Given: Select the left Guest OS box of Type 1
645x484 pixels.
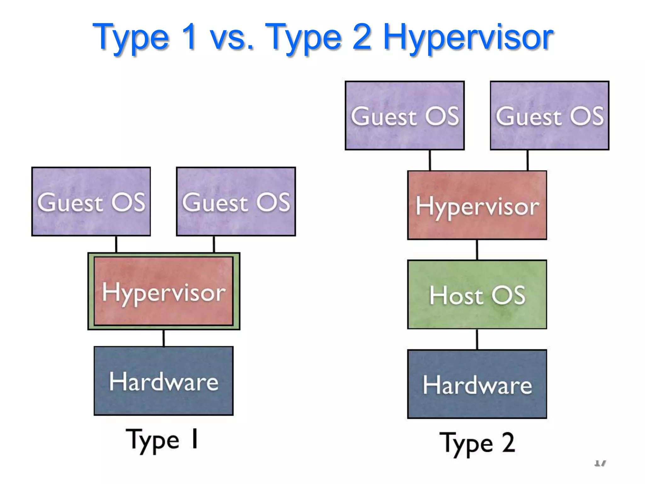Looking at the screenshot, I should [x=91, y=202].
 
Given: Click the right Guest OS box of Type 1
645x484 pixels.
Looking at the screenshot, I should [x=236, y=202].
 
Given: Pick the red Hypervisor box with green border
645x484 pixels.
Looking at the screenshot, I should [x=163, y=291].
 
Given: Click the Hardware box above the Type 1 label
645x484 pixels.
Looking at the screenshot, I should [x=163, y=381].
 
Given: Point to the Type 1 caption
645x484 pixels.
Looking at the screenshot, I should [x=162, y=440].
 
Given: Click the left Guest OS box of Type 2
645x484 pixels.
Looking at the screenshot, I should [x=405, y=115].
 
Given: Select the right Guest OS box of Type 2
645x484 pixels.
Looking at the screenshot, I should [x=550, y=115].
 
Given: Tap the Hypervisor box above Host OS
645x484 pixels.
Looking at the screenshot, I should [x=477, y=205].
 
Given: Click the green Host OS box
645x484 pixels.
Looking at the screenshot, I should [x=477, y=295].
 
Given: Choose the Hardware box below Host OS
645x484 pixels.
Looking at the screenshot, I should [x=477, y=384].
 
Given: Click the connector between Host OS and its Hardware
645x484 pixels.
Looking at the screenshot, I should [x=477, y=339].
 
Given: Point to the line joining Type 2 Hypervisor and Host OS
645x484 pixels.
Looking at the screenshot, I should [x=477, y=250].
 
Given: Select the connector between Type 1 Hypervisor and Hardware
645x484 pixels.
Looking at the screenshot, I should [x=163, y=338].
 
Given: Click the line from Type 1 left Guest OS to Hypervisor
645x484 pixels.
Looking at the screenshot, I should [x=116, y=244].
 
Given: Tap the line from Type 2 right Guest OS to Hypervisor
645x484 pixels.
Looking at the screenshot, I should [x=528, y=160].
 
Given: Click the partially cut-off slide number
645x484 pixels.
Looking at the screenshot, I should [x=600, y=463].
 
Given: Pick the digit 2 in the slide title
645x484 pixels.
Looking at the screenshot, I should [x=362, y=38].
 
